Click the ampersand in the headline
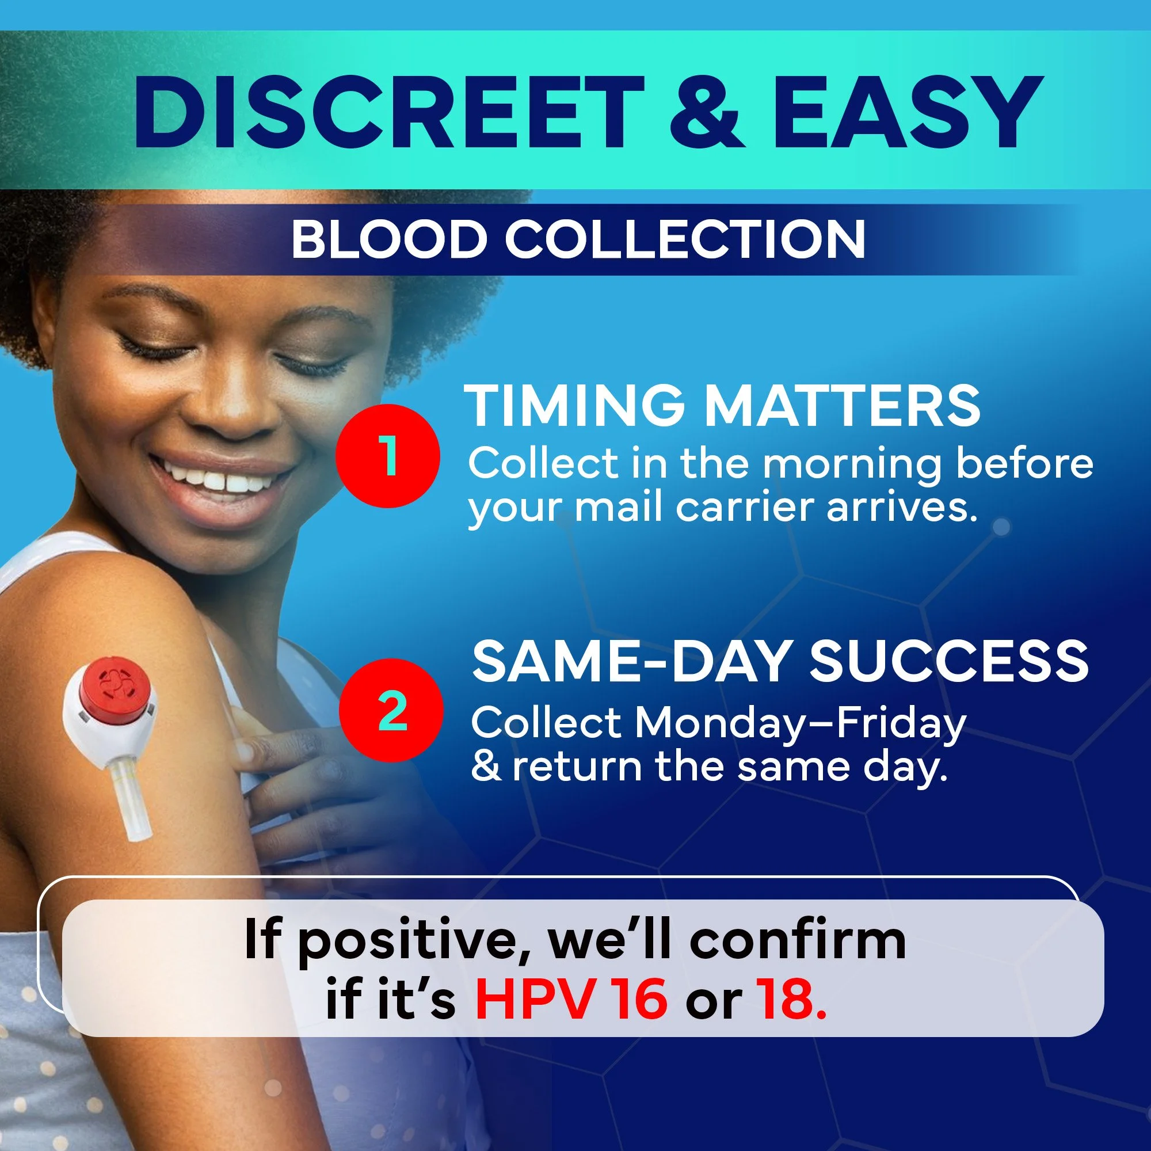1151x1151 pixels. tap(707, 113)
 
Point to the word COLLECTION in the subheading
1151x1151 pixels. tap(685, 239)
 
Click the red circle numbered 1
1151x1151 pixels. tap(388, 455)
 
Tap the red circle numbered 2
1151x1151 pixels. tap(391, 710)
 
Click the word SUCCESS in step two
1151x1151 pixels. tap(948, 661)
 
